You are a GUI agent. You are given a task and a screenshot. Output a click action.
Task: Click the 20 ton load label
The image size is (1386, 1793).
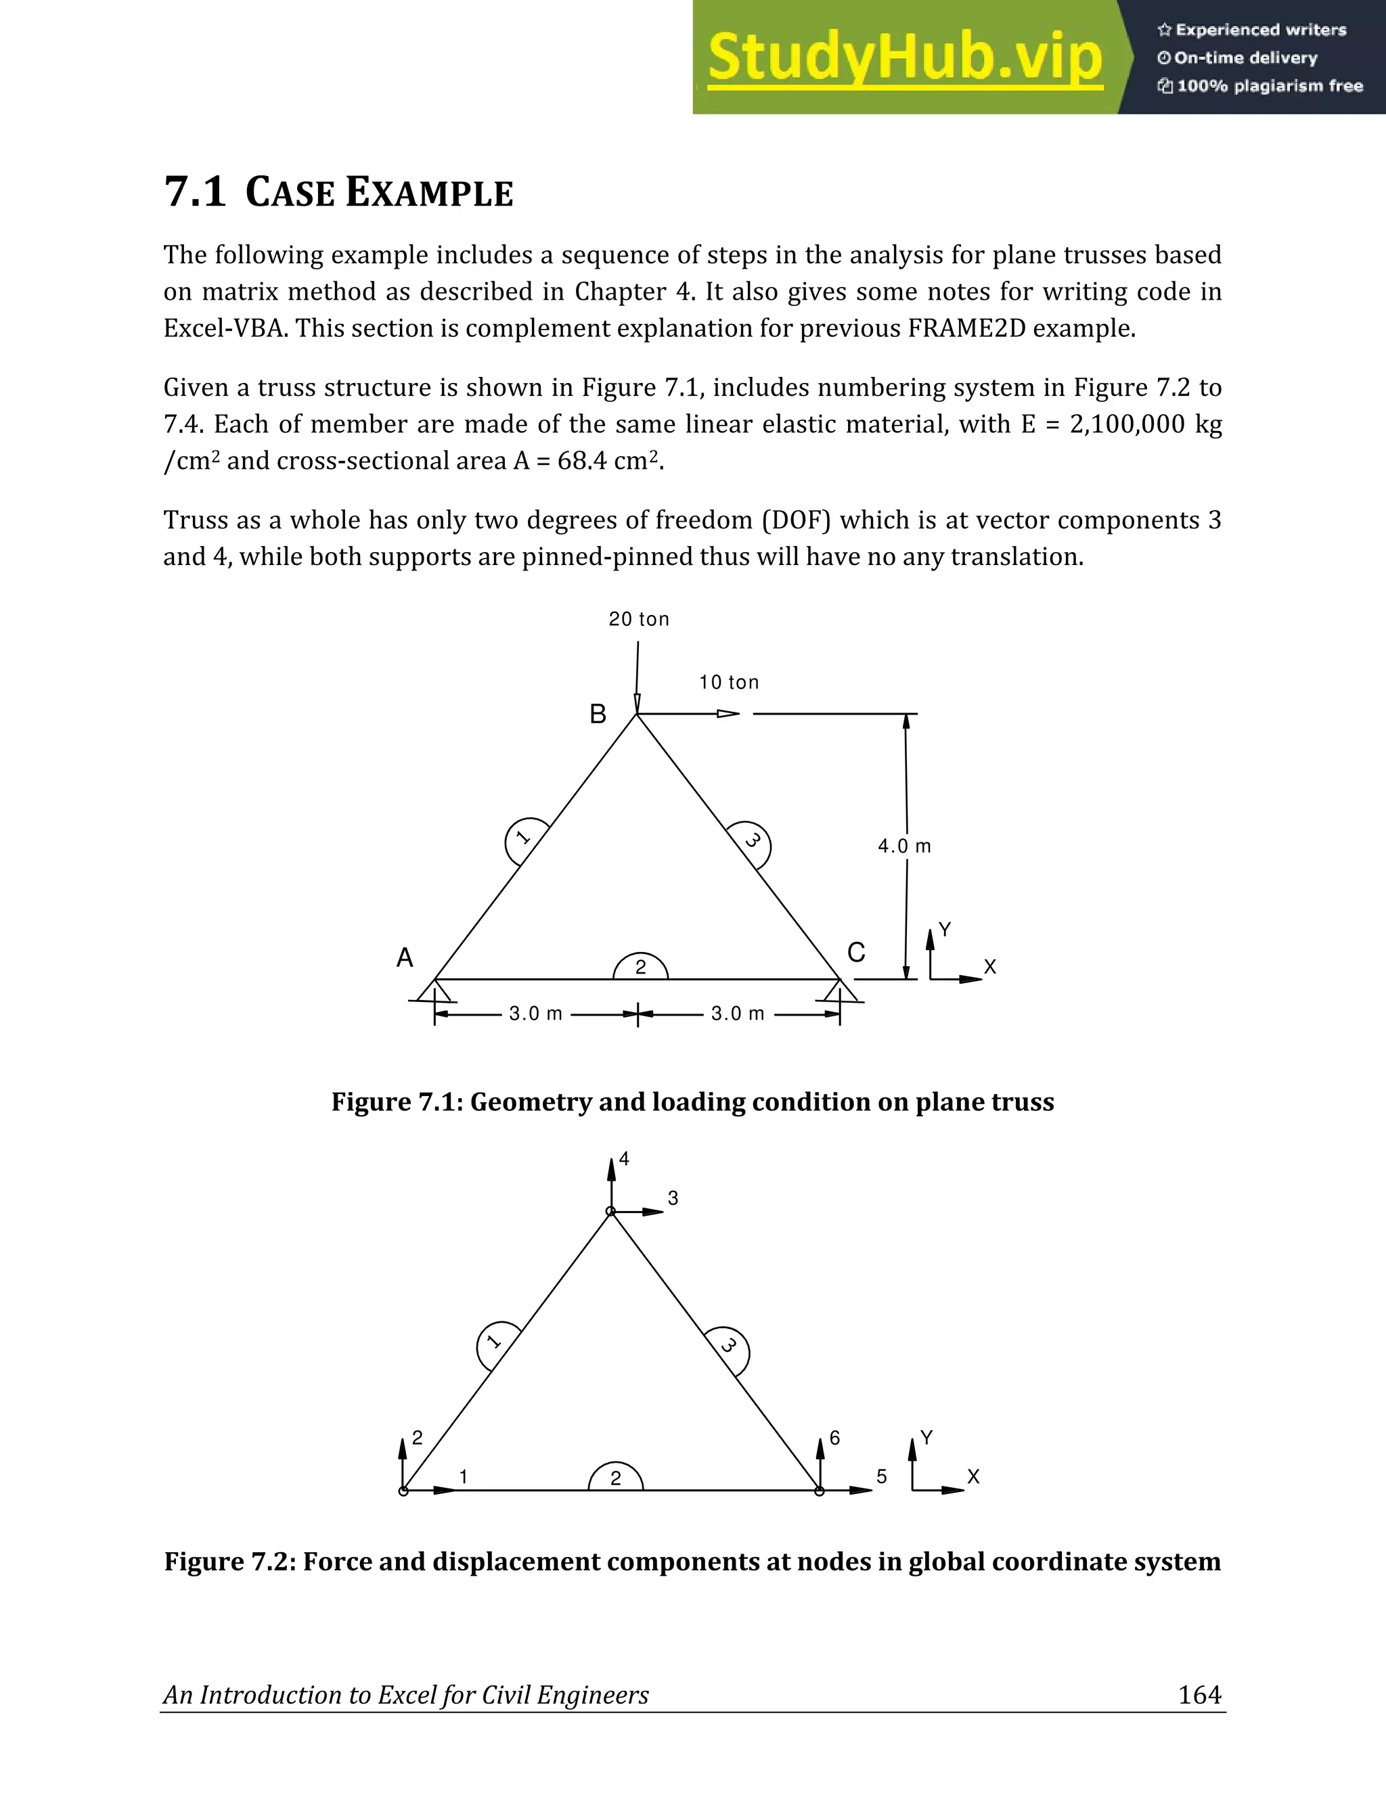639,620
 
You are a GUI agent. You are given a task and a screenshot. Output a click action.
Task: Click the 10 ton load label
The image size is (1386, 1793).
728,682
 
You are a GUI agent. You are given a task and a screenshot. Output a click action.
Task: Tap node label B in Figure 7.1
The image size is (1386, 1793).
598,715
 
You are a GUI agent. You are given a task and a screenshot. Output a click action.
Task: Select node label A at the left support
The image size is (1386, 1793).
405,957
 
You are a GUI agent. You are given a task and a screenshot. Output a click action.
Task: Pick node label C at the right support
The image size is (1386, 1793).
855,953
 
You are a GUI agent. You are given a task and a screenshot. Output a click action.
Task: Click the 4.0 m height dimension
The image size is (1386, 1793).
904,846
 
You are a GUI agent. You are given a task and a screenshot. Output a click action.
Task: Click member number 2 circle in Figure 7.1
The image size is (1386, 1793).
640,968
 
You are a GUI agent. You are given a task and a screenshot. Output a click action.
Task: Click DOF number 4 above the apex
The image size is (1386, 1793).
624,1159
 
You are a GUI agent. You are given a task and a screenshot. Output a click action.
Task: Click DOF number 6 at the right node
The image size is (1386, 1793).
834,1438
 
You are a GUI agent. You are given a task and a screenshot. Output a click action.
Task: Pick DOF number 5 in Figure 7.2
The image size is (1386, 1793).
881,1476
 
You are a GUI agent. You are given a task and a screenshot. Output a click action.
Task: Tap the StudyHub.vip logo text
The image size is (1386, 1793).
904,58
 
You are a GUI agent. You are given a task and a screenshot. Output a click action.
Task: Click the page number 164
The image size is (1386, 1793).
1200,1694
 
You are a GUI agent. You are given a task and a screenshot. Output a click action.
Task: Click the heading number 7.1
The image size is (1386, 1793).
195,191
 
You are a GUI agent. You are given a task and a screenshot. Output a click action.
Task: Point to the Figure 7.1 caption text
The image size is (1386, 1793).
692,1102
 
